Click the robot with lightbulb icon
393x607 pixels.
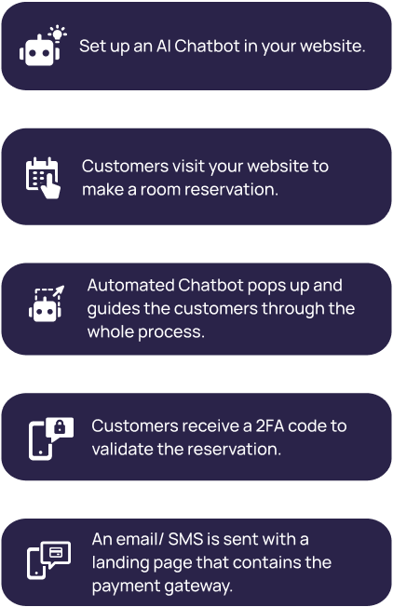pyautogui.click(x=43, y=46)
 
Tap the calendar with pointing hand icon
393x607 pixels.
pyautogui.click(x=43, y=178)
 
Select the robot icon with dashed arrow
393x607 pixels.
pyautogui.click(x=46, y=303)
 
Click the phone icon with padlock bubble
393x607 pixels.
pyautogui.click(x=50, y=438)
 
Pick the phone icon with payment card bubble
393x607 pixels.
pyautogui.click(x=48, y=560)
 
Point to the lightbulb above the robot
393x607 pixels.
pyautogui.click(x=58, y=34)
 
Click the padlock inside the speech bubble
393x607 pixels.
pyautogui.click(x=60, y=427)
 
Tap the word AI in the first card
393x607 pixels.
pyautogui.click(x=163, y=46)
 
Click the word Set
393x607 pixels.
pyautogui.click(x=92, y=46)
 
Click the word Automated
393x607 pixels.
pyautogui.click(x=131, y=285)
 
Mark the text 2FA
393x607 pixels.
pyautogui.click(x=270, y=425)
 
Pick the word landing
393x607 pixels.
pyautogui.click(x=120, y=563)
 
